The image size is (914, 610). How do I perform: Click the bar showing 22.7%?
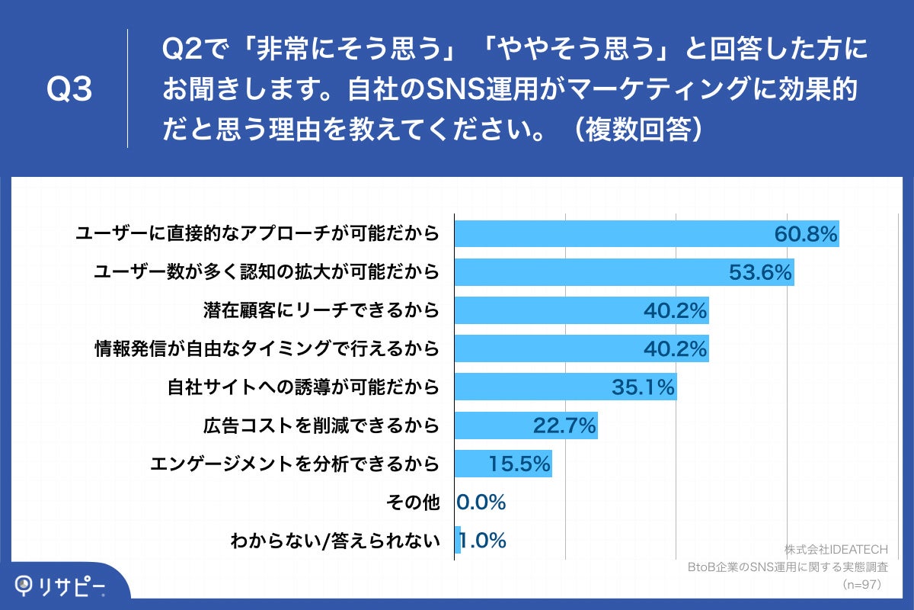click(x=526, y=425)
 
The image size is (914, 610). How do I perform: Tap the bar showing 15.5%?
click(x=503, y=464)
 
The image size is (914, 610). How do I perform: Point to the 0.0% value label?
click(x=481, y=502)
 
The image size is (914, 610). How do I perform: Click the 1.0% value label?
click(x=484, y=541)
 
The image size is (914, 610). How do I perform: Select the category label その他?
click(x=414, y=502)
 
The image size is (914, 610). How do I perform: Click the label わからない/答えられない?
click(x=335, y=541)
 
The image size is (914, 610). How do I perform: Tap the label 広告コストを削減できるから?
click(x=321, y=425)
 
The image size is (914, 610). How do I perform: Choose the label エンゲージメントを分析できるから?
click(x=295, y=464)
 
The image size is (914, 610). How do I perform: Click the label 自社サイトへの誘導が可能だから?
click(x=303, y=387)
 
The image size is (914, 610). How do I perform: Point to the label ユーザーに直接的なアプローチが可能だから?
click(x=257, y=233)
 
